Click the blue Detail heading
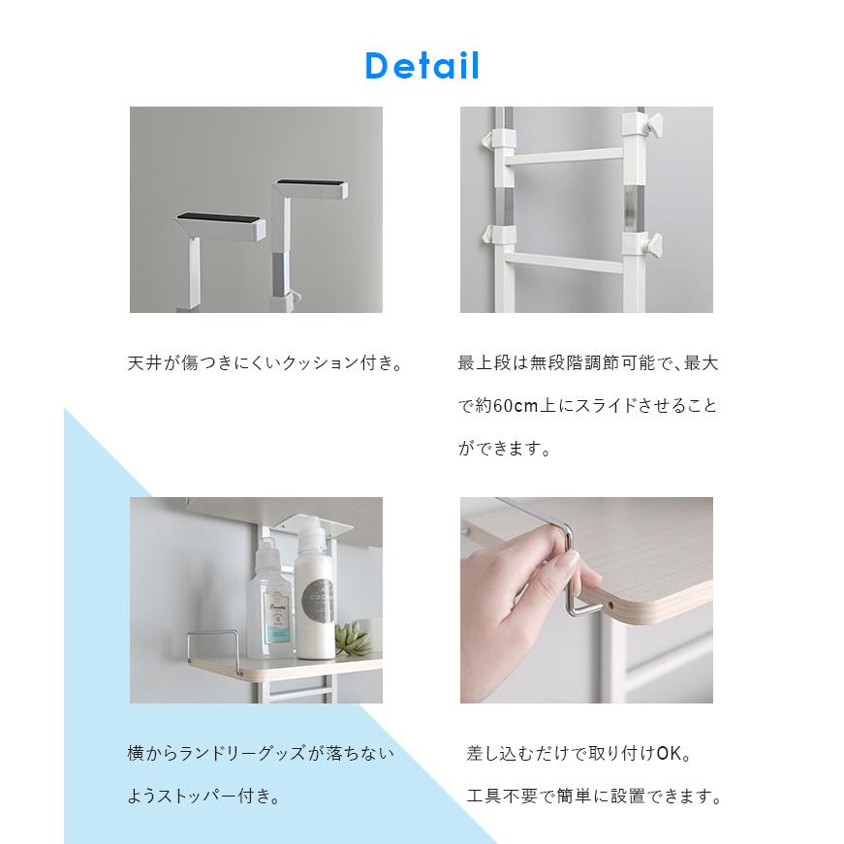pyautogui.click(x=422, y=66)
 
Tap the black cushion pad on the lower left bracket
pyautogui.click(x=219, y=218)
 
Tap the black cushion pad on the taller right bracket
pyautogui.click(x=309, y=182)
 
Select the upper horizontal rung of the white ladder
pyautogui.click(x=564, y=156)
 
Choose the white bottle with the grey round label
pyautogui.click(x=314, y=589)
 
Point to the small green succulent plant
pyautogui.click(x=353, y=638)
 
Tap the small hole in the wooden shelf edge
pyautogui.click(x=610, y=605)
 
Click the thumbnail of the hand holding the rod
pyautogui.click(x=586, y=600)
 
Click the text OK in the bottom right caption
pyautogui.click(x=669, y=753)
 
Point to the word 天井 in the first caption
pyautogui.click(x=144, y=362)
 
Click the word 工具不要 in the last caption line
pyautogui.click(x=502, y=796)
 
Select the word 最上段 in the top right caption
pyautogui.click(x=485, y=362)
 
